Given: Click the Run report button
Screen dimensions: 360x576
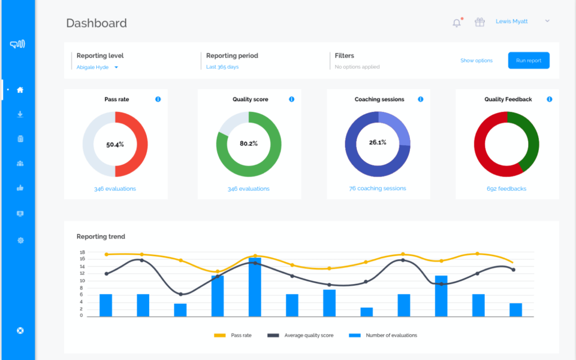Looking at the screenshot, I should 528,60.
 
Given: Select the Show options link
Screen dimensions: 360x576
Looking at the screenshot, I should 476,61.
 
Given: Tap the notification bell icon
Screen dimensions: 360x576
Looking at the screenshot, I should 457,22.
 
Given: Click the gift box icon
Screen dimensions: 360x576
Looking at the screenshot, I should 479,22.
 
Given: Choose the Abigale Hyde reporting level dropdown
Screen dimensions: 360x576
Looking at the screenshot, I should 97,67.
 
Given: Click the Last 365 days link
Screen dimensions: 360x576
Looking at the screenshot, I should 222,67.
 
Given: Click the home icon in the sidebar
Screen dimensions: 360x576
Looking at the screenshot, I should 20,89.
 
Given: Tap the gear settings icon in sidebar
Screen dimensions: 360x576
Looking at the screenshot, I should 20,240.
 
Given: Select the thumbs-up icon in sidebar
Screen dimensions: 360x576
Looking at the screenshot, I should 20,188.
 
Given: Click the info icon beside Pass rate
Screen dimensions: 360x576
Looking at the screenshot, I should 157,99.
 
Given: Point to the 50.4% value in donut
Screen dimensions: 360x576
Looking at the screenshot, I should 115,145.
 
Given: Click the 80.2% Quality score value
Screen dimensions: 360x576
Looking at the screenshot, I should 248,143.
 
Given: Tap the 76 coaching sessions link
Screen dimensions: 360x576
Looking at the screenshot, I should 377,188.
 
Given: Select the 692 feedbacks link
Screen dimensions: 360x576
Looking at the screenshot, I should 506,189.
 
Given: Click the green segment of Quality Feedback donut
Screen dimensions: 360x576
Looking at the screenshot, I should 529,138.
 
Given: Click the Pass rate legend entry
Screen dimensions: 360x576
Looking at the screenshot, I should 233,335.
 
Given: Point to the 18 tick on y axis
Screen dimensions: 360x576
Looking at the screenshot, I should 82,253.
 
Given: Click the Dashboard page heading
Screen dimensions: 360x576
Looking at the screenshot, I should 96,23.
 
